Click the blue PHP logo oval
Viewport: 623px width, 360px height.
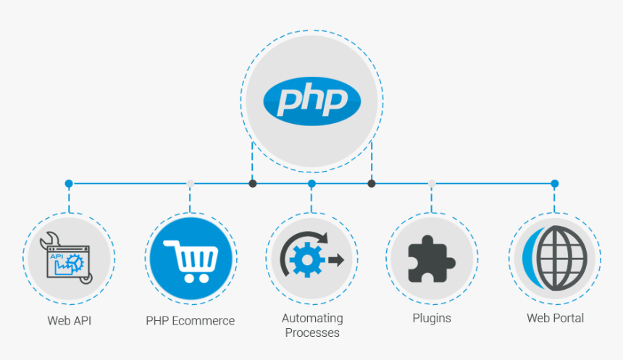pos(311,99)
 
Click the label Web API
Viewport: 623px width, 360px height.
pos(70,319)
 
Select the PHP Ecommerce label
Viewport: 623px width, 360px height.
pos(191,320)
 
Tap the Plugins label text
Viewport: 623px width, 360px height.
pos(432,318)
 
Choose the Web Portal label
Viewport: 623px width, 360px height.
pos(555,318)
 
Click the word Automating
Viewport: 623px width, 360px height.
pos(312,319)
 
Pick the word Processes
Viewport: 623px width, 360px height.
pos(312,333)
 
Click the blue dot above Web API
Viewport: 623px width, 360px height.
pos(69,184)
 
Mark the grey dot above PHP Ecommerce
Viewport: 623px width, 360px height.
pos(191,184)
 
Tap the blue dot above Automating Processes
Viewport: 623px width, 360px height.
pos(311,184)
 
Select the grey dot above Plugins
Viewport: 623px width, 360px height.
pos(432,184)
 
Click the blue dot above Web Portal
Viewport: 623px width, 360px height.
pos(554,184)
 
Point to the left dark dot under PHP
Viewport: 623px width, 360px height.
pos(252,183)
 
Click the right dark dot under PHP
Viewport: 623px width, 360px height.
pos(372,183)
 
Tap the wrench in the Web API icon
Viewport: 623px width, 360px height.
pos(50,240)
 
